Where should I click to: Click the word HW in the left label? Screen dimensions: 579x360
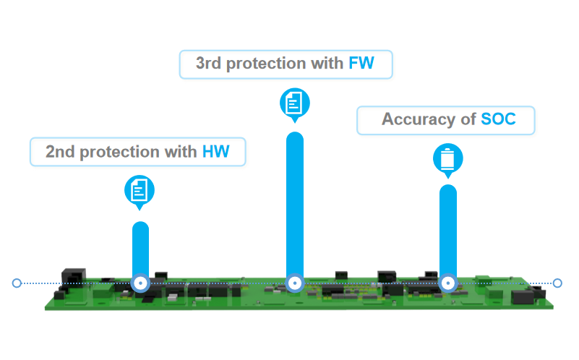(216, 152)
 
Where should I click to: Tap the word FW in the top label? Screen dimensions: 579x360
(361, 63)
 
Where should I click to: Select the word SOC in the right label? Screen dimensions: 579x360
(499, 119)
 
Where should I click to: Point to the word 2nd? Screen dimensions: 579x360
(60, 152)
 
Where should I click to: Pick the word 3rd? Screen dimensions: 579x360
(209, 63)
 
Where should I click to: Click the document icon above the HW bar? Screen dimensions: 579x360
(140, 191)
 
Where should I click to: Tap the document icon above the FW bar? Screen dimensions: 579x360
(295, 103)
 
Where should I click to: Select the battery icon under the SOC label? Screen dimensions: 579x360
(448, 159)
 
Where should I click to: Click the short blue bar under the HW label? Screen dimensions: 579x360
(141, 249)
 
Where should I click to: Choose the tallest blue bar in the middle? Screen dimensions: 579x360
(295, 205)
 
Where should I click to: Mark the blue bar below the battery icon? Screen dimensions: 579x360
(448, 231)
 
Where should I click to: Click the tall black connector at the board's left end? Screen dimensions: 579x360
(73, 278)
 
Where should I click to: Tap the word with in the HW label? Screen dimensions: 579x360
(181, 152)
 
